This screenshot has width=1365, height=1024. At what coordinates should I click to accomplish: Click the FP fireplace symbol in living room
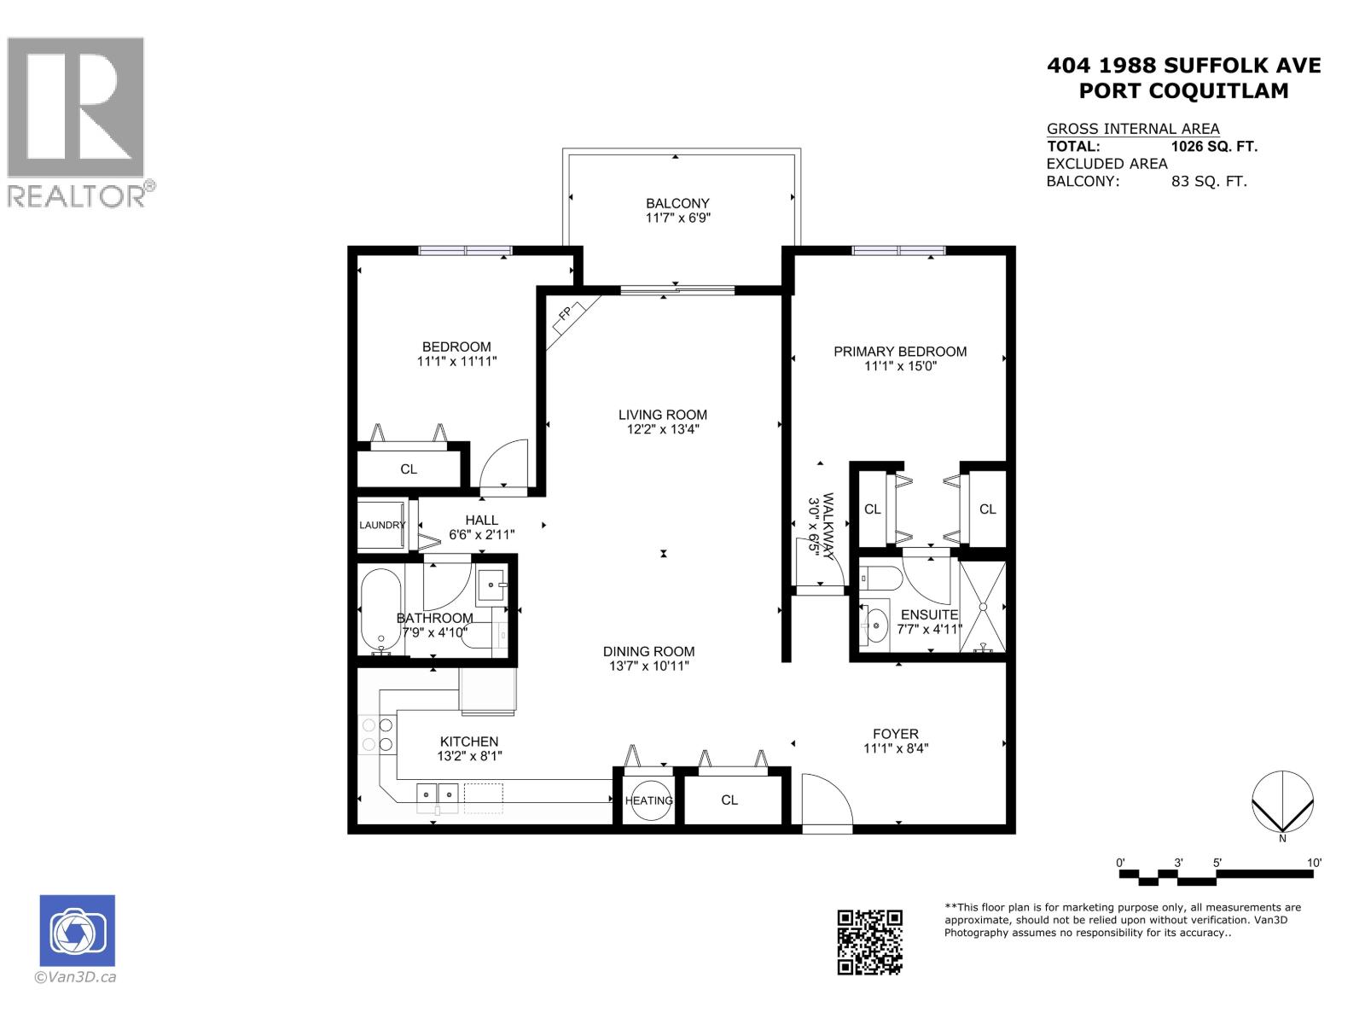[565, 315]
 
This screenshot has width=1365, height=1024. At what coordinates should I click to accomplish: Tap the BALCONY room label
[677, 203]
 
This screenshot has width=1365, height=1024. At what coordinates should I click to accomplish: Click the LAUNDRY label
[381, 525]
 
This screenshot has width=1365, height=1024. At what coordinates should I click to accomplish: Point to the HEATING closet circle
[648, 800]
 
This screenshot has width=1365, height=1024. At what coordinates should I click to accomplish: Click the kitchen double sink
[438, 795]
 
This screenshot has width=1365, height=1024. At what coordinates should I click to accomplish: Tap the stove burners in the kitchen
[377, 735]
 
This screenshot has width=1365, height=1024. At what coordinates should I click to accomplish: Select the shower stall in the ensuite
[983, 607]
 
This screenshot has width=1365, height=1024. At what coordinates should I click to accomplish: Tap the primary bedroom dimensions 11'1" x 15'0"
[901, 367]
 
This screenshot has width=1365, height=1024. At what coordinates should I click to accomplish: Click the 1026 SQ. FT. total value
[1214, 146]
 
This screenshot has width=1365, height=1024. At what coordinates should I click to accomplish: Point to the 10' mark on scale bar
[1314, 864]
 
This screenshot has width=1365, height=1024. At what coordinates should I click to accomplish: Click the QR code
[869, 941]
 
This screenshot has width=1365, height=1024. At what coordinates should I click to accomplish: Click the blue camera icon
[77, 930]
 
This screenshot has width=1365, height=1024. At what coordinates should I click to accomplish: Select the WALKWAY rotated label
[820, 527]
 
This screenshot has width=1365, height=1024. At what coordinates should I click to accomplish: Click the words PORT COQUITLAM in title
[1183, 90]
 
